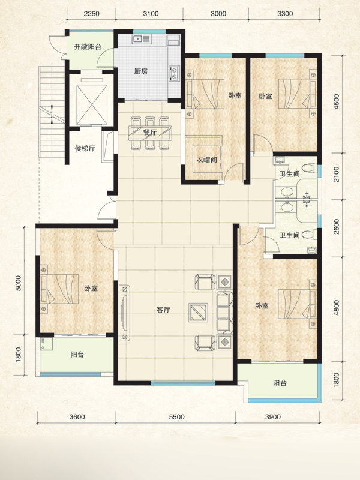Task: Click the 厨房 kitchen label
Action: [x=141, y=71]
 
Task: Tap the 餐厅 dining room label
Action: [x=150, y=133]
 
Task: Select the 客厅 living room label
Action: [x=163, y=310]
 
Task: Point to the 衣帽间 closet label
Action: [x=206, y=160]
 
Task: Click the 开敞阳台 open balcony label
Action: [x=88, y=47]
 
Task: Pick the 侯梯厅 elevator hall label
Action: [x=85, y=149]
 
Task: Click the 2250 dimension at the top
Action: [x=92, y=14]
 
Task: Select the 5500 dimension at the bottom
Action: [x=177, y=417]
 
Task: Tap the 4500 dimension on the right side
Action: [x=337, y=101]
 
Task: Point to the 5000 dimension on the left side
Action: [x=19, y=283]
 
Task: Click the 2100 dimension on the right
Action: [x=337, y=174]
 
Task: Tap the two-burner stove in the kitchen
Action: [x=174, y=73]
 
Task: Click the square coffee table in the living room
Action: [x=199, y=313]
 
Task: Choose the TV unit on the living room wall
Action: [x=124, y=313]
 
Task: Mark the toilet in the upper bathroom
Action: [x=309, y=168]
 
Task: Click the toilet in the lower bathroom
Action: [x=309, y=235]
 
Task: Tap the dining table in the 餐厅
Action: [x=150, y=133]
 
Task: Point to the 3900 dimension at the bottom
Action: [x=273, y=417]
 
